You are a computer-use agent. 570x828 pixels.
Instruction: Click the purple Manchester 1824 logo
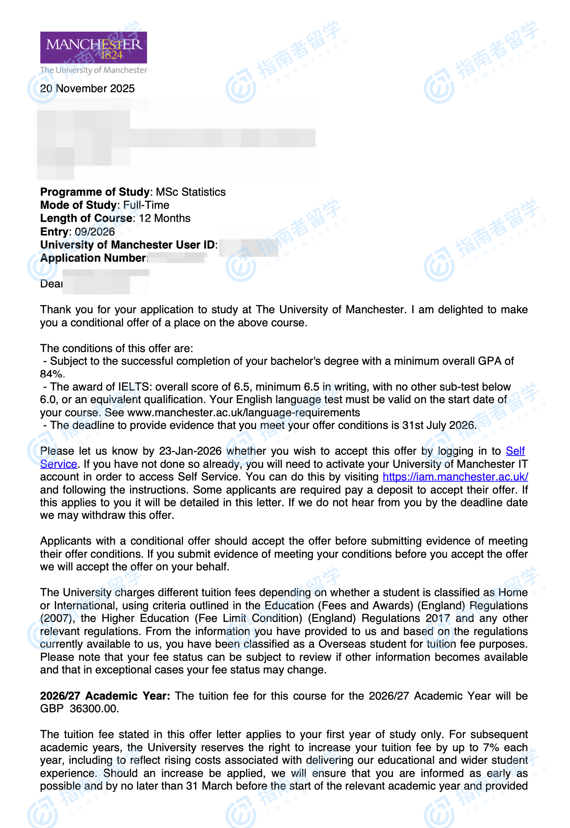pyautogui.click(x=94, y=47)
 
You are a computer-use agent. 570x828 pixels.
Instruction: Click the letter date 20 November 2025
pyautogui.click(x=87, y=89)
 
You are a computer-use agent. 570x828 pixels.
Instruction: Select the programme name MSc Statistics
pyautogui.click(x=190, y=192)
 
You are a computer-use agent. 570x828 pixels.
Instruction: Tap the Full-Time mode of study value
pyautogui.click(x=146, y=205)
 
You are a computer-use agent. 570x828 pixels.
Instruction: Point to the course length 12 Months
pyautogui.click(x=165, y=218)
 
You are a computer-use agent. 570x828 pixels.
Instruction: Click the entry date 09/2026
pyautogui.click(x=95, y=232)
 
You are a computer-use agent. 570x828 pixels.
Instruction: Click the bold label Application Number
pyautogui.click(x=93, y=258)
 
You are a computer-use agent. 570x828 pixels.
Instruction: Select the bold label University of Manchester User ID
pyautogui.click(x=128, y=245)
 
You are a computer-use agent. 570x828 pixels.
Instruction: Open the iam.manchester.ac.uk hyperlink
pyautogui.click(x=455, y=477)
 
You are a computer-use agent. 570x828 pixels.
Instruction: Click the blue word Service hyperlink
pyautogui.click(x=58, y=464)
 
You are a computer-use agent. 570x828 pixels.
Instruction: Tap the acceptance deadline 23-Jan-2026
pyautogui.click(x=190, y=451)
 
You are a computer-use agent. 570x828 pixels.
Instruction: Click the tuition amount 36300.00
pyautogui.click(x=94, y=709)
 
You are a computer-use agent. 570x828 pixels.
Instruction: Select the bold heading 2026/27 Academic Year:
pyautogui.click(x=105, y=696)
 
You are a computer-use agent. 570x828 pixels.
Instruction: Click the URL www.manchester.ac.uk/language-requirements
pyautogui.click(x=243, y=413)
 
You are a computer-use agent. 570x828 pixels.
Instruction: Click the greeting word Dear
pyautogui.click(x=51, y=284)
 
